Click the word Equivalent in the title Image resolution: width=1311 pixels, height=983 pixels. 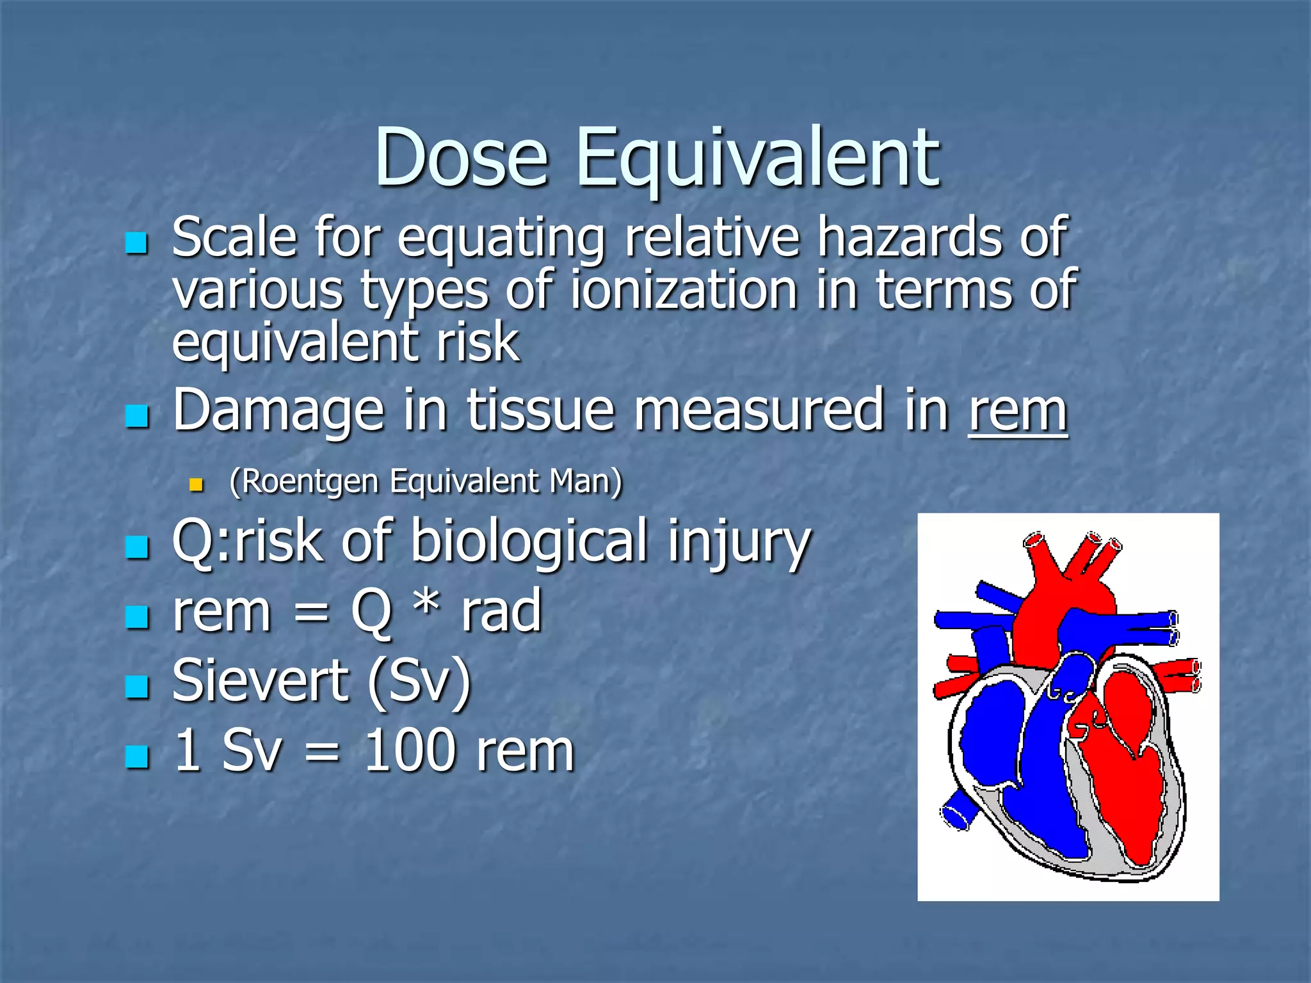coord(758,160)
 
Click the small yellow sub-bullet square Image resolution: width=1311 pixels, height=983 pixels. coord(196,484)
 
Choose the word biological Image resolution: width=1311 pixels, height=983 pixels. coord(529,541)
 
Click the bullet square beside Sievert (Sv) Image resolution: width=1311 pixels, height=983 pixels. coord(137,687)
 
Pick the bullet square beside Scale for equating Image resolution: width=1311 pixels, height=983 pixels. coord(137,243)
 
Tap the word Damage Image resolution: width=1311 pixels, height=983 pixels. coord(278,413)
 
